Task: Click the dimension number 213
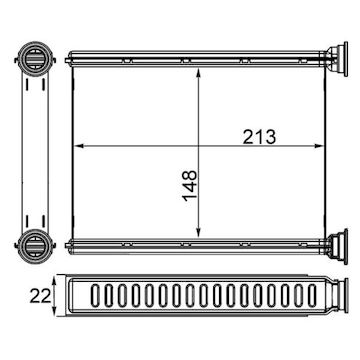pyautogui.click(x=259, y=137)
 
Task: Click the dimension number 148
pyautogui.click(x=190, y=186)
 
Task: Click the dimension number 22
pyautogui.click(x=40, y=296)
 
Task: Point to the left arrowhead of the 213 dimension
pyautogui.click(x=77, y=146)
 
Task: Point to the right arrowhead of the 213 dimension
pyautogui.click(x=319, y=146)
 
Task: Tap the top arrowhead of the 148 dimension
pyautogui.click(x=199, y=73)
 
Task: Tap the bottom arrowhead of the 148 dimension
pyautogui.click(x=199, y=233)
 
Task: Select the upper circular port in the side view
pyautogui.click(x=35, y=59)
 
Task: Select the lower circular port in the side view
pyautogui.click(x=35, y=246)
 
